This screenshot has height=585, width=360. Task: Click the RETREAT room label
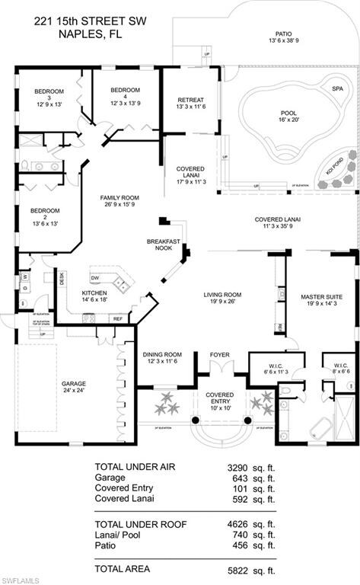click(x=190, y=100)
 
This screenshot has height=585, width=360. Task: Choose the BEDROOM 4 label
click(x=125, y=90)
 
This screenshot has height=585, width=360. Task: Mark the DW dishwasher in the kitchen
click(x=95, y=277)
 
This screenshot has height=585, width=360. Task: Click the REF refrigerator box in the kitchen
click(x=118, y=318)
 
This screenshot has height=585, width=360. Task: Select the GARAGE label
click(x=74, y=383)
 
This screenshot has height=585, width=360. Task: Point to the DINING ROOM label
click(x=162, y=354)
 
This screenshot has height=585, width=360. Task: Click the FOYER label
click(x=219, y=354)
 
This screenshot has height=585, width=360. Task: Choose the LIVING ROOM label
click(x=221, y=295)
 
